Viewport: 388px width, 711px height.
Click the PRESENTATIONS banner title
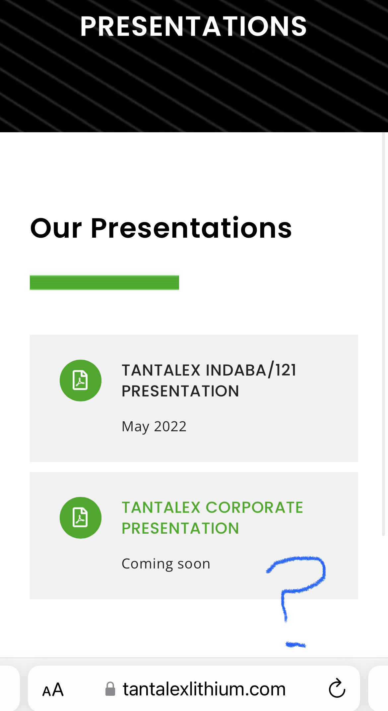[194, 27]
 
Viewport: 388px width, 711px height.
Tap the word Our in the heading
[56, 228]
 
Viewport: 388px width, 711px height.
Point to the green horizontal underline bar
[104, 282]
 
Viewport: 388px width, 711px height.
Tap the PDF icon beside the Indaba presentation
[81, 380]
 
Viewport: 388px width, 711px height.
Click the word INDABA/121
[251, 370]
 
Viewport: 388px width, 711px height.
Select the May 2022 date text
[154, 427]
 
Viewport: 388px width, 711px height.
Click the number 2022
[170, 426]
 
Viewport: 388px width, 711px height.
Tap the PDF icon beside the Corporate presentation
[81, 517]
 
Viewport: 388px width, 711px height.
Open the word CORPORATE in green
[254, 507]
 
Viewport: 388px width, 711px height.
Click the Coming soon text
[166, 563]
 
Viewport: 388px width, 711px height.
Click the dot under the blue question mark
[296, 645]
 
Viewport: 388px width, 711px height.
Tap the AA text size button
[53, 690]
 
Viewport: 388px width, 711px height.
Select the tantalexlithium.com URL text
[204, 689]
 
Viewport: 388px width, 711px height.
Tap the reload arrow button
[337, 688]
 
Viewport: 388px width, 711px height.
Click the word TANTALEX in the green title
[161, 507]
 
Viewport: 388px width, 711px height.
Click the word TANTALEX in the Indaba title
[161, 370]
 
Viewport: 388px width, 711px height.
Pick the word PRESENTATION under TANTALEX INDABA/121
[180, 391]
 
